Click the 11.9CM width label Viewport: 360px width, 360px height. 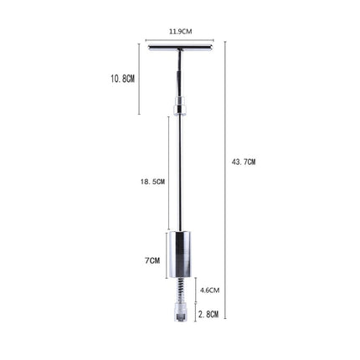click(x=180, y=31)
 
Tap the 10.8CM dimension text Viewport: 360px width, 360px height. click(x=122, y=78)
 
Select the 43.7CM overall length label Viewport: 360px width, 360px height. click(x=244, y=162)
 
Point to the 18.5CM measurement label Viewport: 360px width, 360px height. click(x=152, y=181)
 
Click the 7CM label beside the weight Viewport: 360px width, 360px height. click(x=152, y=260)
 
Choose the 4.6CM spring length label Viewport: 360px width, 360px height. click(x=209, y=291)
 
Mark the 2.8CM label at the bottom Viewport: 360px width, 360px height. click(x=209, y=314)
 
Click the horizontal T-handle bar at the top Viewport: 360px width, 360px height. click(x=180, y=47)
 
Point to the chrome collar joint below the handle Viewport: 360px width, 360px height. click(x=179, y=106)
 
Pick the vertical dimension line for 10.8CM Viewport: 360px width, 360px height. click(x=139, y=80)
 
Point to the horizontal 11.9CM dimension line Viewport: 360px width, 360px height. click(x=180, y=39)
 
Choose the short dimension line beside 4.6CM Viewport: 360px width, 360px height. click(x=197, y=291)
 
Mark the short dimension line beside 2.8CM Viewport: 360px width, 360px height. click(x=197, y=313)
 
